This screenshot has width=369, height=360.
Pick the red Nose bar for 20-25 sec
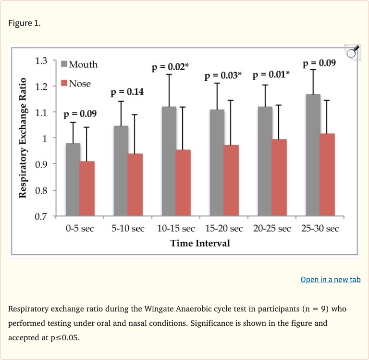279,177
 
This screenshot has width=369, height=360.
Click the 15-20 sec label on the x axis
224,228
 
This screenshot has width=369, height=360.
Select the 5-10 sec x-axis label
128,228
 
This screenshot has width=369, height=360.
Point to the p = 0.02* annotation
169,67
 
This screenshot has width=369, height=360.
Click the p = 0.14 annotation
127,92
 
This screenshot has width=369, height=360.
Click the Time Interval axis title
200,243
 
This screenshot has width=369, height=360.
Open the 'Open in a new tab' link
330,280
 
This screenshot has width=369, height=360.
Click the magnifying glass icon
352,52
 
